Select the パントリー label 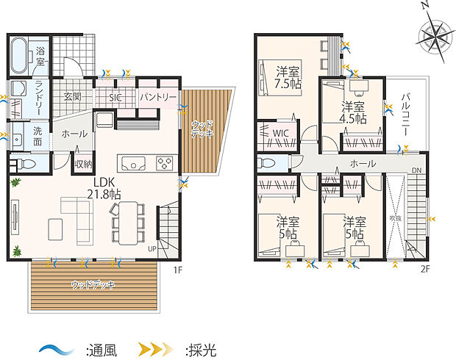click(157, 97)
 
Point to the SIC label click(115, 97)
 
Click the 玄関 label click(72, 97)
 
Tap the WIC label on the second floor click(280, 133)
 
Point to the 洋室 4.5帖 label click(353, 115)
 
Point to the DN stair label click(416, 171)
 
